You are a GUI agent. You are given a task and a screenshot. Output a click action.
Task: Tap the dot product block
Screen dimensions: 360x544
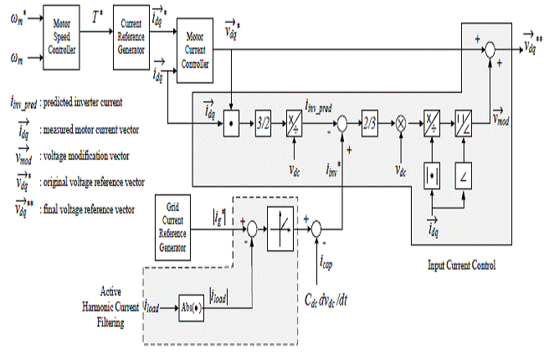tap(228, 123)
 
